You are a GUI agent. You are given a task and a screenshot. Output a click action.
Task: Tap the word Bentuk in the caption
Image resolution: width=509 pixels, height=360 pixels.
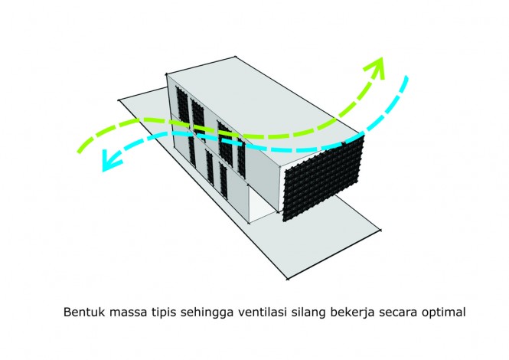(x=84, y=312)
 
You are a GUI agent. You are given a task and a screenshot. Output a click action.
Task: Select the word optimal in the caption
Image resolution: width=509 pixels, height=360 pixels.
(x=443, y=313)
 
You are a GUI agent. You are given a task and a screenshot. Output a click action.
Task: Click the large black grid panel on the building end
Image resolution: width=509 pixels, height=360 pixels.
(x=323, y=178)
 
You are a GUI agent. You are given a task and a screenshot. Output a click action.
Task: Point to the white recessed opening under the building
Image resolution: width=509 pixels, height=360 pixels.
(x=261, y=203)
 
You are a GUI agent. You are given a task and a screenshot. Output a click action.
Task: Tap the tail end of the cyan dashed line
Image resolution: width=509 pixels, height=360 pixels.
(x=406, y=78)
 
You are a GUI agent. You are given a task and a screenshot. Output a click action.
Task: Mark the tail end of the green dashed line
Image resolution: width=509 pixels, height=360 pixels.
(x=80, y=151)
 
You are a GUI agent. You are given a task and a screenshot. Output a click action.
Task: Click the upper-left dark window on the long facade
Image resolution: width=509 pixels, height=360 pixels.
(x=182, y=103)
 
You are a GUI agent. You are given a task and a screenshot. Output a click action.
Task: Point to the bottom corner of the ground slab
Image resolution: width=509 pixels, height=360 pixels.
(x=287, y=279)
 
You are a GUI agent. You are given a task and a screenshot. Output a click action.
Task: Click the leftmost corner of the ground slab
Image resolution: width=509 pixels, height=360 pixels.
(x=119, y=100)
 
